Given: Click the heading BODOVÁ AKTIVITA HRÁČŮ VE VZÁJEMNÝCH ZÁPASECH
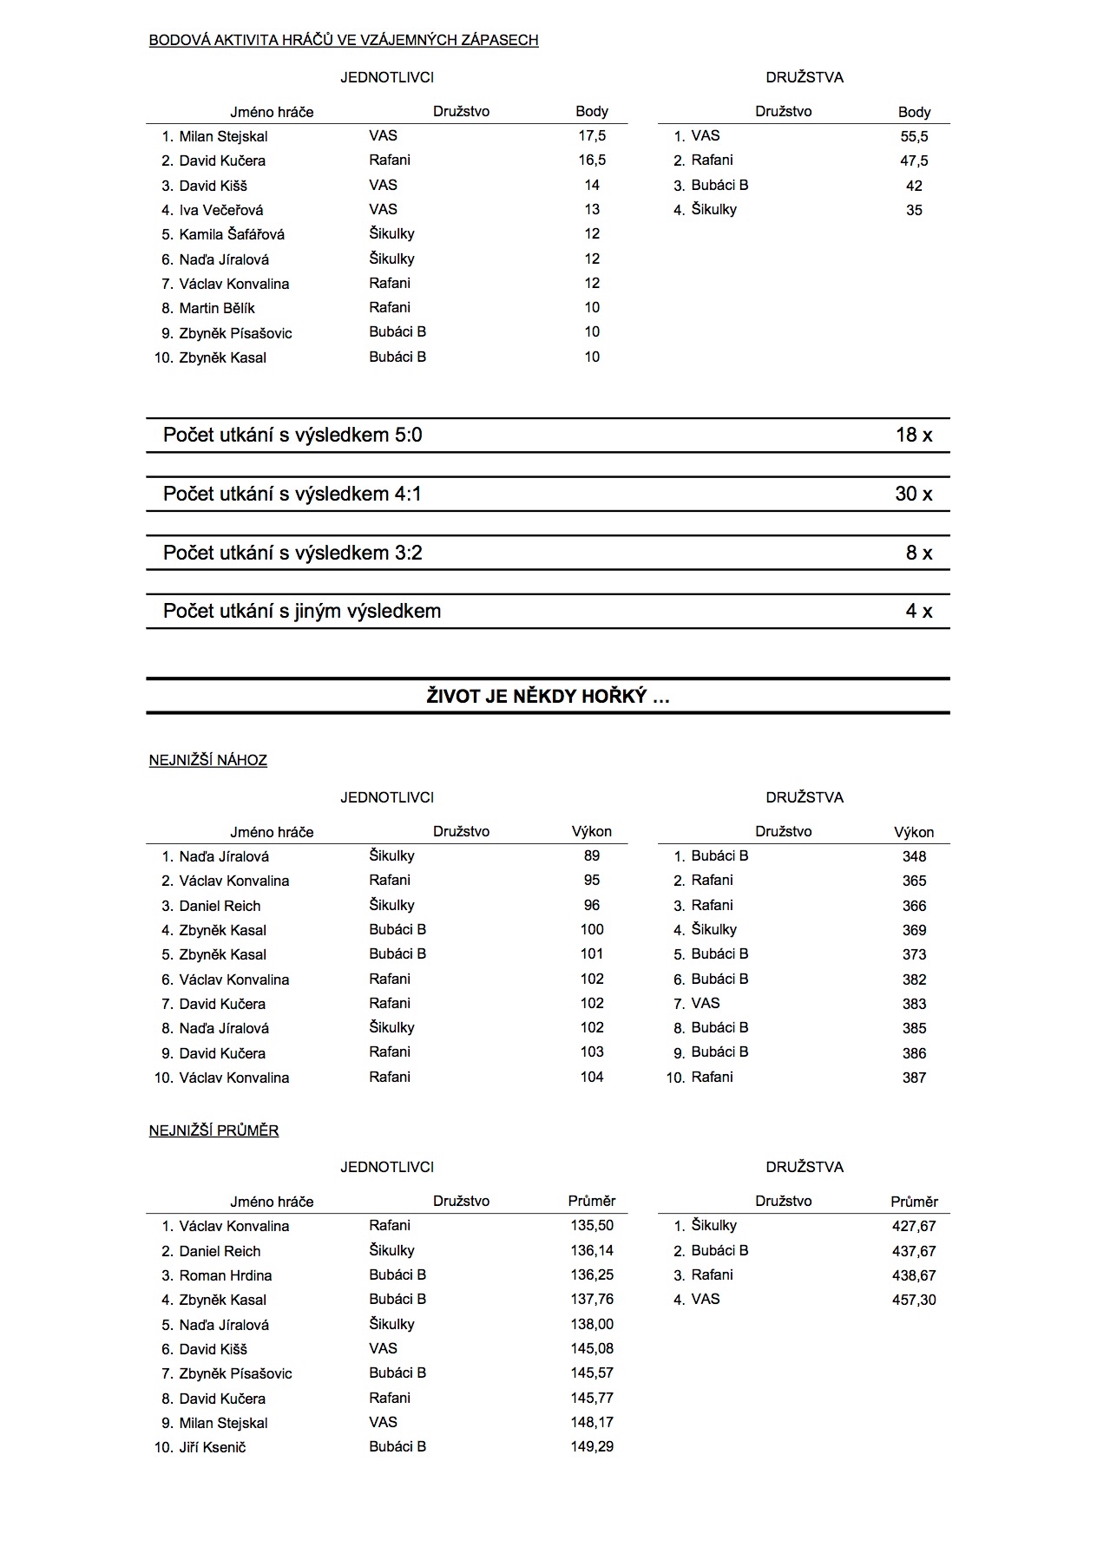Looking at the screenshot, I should click(x=344, y=40).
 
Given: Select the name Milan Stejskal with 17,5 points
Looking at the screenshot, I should click(x=223, y=136).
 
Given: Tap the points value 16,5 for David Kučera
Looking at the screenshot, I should click(x=592, y=160).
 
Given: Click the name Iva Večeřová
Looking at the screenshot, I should click(x=221, y=210).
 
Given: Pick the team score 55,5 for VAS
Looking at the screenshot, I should click(x=914, y=136).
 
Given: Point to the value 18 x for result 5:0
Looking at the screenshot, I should click(x=914, y=435).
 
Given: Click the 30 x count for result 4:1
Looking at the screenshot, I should click(x=914, y=494).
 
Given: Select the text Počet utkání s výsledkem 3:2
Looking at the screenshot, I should click(x=292, y=553).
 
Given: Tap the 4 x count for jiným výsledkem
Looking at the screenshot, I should click(x=918, y=611).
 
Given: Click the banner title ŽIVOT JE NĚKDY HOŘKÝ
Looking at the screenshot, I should click(x=548, y=696).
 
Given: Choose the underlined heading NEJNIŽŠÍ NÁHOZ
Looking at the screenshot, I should click(x=208, y=760).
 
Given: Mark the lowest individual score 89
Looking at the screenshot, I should click(x=592, y=855).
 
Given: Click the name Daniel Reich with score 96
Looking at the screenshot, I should click(x=220, y=906).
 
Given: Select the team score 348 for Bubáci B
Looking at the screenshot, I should click(x=914, y=856).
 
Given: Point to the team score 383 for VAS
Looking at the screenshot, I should click(x=914, y=1004).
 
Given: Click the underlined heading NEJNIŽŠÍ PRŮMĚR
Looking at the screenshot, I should click(x=214, y=1130).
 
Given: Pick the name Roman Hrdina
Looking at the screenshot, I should click(x=226, y=1275).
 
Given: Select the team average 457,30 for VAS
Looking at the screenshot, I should click(x=914, y=1300).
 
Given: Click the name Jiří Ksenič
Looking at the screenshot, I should click(x=213, y=1447).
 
